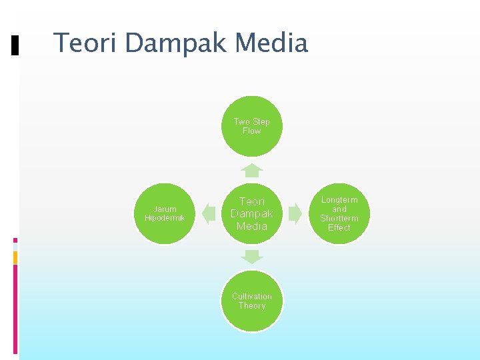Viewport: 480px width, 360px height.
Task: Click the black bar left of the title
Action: (x=15, y=45)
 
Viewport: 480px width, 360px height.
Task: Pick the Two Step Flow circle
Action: (x=252, y=127)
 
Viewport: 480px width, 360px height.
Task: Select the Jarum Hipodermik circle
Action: (x=165, y=213)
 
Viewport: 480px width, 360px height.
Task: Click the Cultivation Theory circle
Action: (x=252, y=301)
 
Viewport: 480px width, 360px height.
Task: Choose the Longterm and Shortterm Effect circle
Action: (x=339, y=213)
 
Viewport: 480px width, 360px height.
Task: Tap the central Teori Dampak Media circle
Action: (x=252, y=213)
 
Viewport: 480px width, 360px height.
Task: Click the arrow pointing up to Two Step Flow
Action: (x=252, y=170)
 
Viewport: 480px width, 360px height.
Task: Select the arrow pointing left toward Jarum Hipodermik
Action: (x=209, y=213)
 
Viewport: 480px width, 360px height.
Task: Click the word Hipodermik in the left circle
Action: (x=165, y=218)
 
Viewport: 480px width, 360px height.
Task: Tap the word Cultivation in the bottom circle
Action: (x=252, y=296)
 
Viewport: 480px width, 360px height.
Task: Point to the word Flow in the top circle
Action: (x=252, y=131)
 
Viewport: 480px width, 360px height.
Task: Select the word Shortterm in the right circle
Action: (x=339, y=218)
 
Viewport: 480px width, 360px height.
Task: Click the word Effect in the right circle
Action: (x=339, y=227)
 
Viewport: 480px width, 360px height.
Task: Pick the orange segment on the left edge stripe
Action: (x=15, y=257)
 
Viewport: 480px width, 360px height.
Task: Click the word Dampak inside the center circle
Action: (x=252, y=213)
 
